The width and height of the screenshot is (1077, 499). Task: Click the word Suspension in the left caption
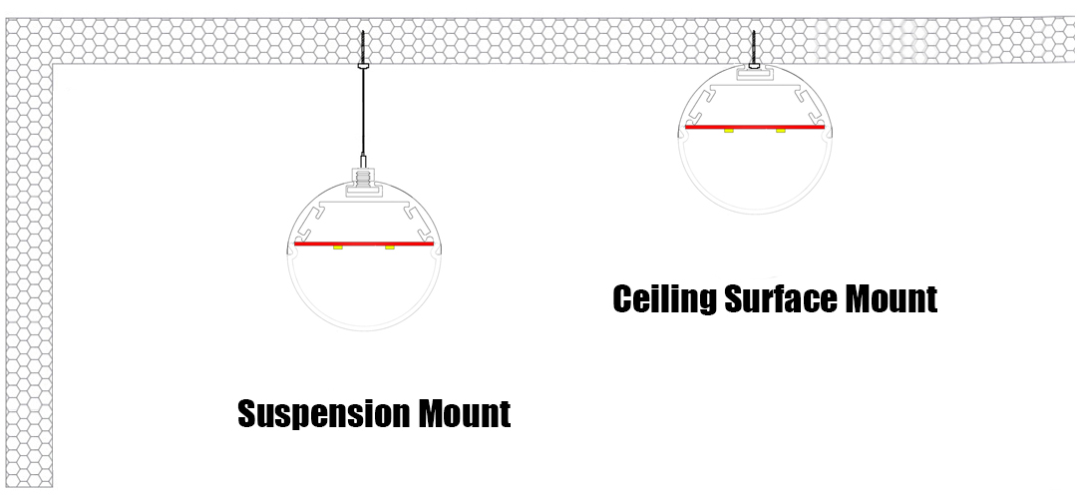coord(314,413)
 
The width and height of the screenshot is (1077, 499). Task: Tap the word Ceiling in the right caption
coord(664,298)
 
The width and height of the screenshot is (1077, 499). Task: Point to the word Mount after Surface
coord(891,298)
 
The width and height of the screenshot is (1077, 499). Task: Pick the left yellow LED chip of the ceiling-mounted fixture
coord(730,132)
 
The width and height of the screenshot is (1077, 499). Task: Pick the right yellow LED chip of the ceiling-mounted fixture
coord(781,132)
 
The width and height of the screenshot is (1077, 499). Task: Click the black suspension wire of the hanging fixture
coord(363,110)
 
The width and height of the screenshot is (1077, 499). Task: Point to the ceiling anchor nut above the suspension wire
coord(363,64)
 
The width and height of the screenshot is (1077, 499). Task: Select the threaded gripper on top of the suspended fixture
coord(363,180)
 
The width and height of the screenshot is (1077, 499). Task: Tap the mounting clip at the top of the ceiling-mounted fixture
coord(755,73)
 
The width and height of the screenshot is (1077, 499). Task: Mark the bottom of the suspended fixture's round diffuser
coord(362,328)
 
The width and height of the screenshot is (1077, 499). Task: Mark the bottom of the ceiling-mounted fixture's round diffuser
coord(755,213)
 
